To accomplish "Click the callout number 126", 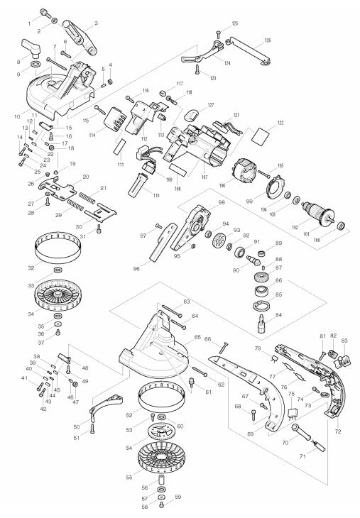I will pos(268,40).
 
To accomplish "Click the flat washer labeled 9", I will pos(35,66).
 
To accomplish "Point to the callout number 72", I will pos(338,431).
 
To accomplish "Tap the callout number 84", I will pos(278,314).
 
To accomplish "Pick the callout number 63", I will pos(187,302).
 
